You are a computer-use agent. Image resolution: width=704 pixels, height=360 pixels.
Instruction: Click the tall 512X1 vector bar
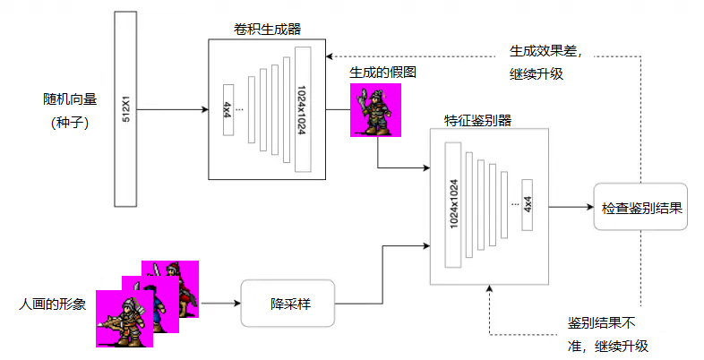[x=127, y=109]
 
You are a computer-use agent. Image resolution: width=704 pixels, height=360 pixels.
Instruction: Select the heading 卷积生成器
[x=266, y=29]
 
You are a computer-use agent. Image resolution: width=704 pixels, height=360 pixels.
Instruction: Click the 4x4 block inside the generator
[x=228, y=110]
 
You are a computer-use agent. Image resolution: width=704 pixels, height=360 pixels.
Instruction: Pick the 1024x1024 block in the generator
[x=302, y=108]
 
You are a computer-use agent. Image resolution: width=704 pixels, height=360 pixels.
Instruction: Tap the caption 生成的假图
[x=383, y=72]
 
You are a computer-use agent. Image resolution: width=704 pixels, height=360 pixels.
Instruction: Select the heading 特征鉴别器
[x=477, y=121]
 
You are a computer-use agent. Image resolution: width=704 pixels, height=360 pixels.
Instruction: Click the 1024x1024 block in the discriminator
[x=453, y=205]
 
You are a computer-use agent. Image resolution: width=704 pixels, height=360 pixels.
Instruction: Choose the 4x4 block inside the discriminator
[x=528, y=204]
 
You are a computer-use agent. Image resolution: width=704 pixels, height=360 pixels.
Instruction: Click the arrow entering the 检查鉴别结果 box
[x=571, y=207]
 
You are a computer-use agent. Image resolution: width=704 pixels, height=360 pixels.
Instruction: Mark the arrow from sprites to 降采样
[x=220, y=303]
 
